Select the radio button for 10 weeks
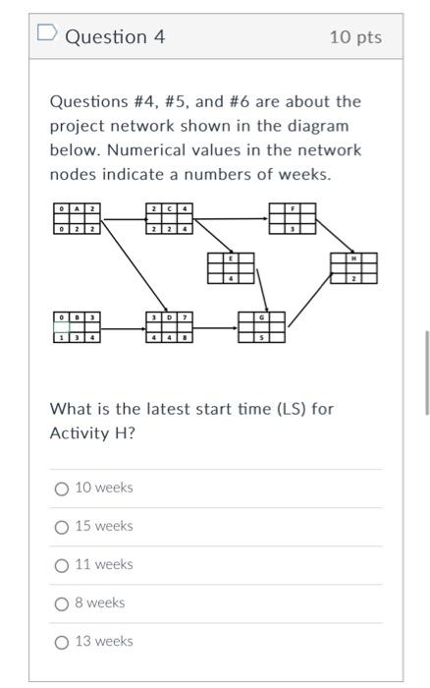62,488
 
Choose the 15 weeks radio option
62,527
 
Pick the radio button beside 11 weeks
62,565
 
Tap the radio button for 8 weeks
62,603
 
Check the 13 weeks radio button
62,642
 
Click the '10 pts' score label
355,37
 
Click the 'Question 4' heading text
115,37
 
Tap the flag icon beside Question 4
45,36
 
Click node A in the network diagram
77,218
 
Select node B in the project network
77,327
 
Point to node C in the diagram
169,218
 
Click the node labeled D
169,327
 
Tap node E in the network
231,268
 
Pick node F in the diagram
293,218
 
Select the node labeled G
262,327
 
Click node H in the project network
354,268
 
